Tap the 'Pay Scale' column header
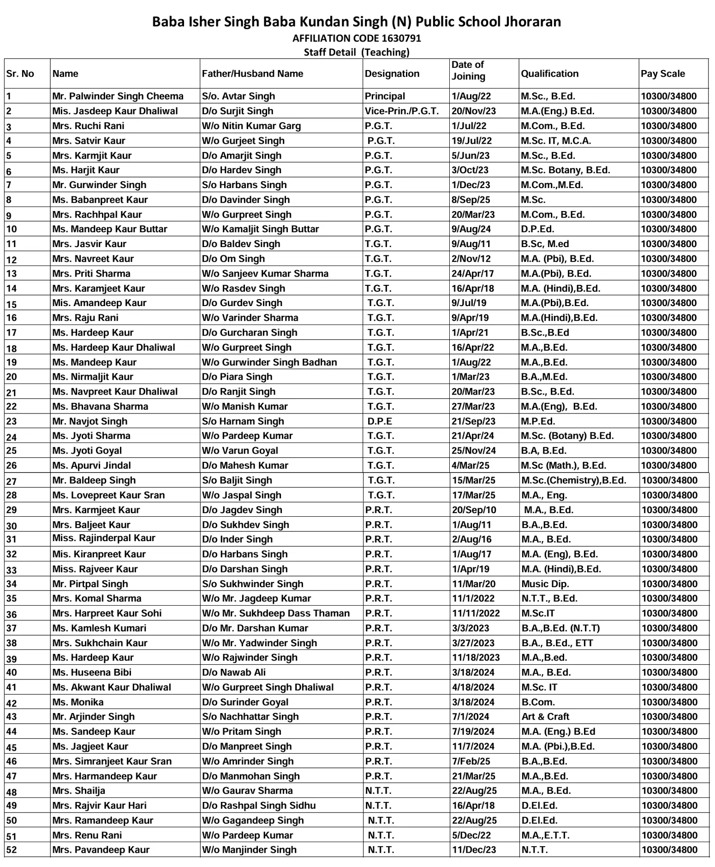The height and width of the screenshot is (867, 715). [x=662, y=74]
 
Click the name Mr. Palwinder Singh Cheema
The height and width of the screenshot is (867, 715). [x=118, y=96]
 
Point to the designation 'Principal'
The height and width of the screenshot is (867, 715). [x=385, y=96]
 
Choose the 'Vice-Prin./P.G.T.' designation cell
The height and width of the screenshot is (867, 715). [x=401, y=111]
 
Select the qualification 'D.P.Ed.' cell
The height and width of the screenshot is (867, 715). [x=537, y=229]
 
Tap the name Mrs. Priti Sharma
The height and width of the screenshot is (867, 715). [x=91, y=273]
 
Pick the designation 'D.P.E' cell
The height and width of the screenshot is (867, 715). [x=380, y=421]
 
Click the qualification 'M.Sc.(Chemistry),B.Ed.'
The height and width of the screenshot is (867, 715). [x=574, y=480]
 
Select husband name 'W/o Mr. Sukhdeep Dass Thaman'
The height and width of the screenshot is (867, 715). [x=276, y=613]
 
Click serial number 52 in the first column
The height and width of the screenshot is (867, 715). [x=12, y=850]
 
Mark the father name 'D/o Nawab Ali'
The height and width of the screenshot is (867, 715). [x=234, y=672]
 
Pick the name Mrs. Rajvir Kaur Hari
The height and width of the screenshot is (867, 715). [x=99, y=806]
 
